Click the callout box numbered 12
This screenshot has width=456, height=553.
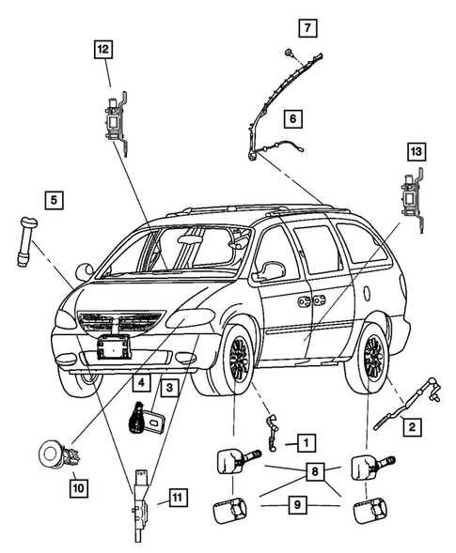click(x=102, y=48)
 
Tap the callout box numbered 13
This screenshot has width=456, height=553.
click(x=416, y=150)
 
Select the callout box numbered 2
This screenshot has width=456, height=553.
click(x=411, y=427)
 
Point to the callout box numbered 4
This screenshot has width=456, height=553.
click(x=140, y=383)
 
